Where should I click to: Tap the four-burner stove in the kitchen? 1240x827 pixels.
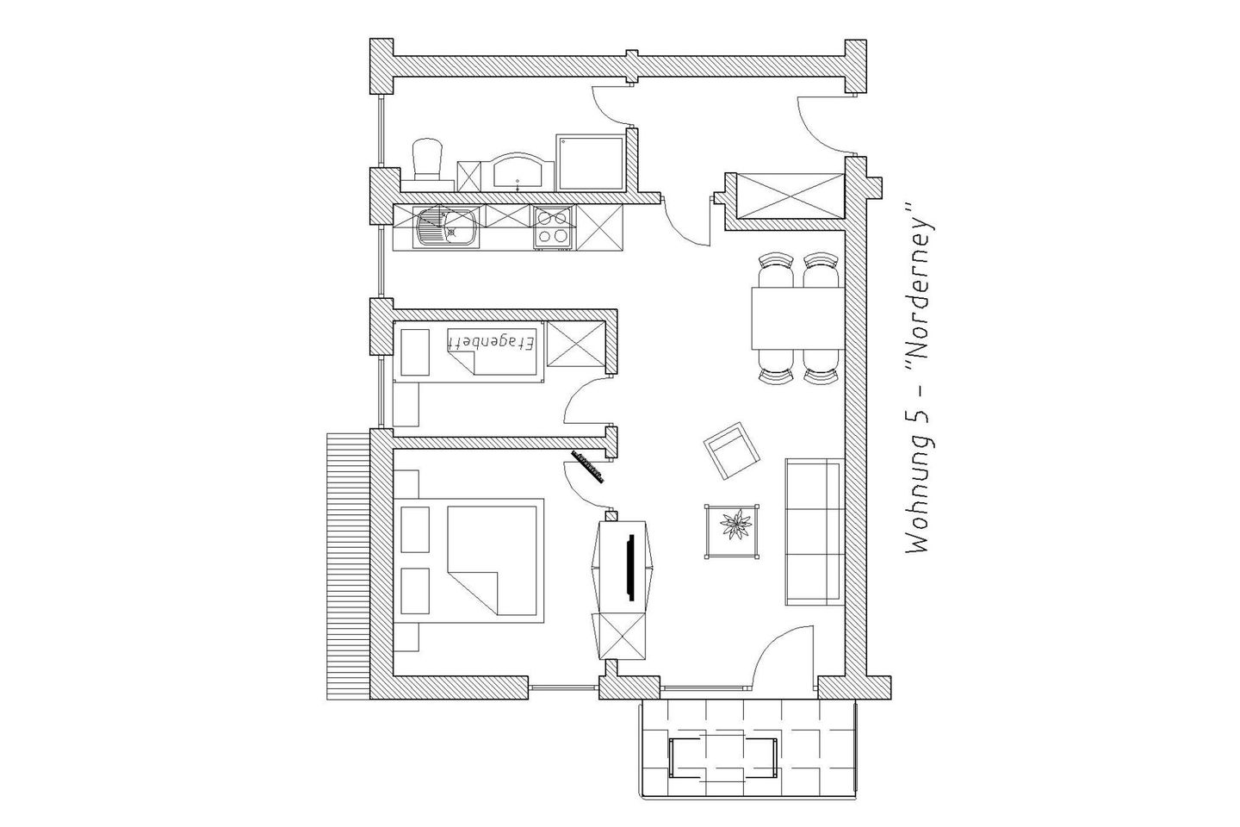point(552,227)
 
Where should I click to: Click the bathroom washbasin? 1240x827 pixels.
point(518,172)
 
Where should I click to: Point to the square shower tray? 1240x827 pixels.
point(590,162)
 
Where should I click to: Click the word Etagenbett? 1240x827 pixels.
point(491,343)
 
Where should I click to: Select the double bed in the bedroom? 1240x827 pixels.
point(495,558)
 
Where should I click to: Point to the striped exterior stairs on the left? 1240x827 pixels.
point(347,564)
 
